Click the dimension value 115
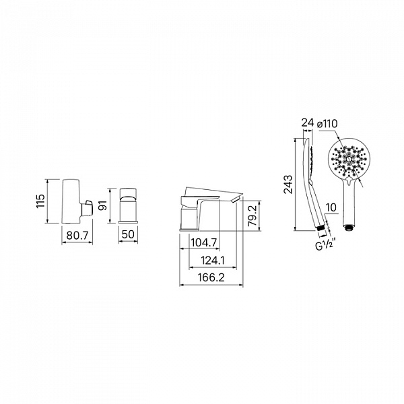coord(41,201)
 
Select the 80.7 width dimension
coord(77,235)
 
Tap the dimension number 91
coord(103,205)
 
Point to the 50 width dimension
coord(128,234)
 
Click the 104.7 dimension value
coord(204,242)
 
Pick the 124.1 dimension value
coord(213,261)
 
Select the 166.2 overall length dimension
coord(211,277)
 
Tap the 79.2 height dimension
coord(252,215)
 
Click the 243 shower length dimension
coord(288,184)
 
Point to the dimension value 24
coord(308,123)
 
